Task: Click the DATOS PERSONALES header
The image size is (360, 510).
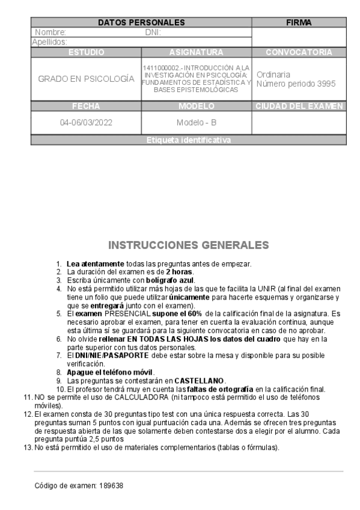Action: click(x=141, y=23)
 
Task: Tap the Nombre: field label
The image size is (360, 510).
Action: click(x=50, y=32)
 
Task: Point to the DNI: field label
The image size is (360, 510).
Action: click(x=153, y=32)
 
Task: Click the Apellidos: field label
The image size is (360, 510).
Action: click(x=49, y=42)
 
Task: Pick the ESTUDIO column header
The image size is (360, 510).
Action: click(x=86, y=52)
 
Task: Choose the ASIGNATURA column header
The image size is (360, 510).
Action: click(x=197, y=52)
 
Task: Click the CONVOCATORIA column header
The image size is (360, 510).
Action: click(x=299, y=52)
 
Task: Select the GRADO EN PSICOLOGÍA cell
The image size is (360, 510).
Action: click(x=86, y=79)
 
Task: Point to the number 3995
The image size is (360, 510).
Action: click(x=325, y=84)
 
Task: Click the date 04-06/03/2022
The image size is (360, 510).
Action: click(x=86, y=123)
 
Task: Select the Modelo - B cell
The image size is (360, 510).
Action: click(x=197, y=123)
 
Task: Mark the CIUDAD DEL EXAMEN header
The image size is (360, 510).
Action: click(x=299, y=106)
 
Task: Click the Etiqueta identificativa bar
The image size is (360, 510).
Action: click(x=188, y=140)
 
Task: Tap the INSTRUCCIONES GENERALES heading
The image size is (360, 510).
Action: click(x=189, y=245)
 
